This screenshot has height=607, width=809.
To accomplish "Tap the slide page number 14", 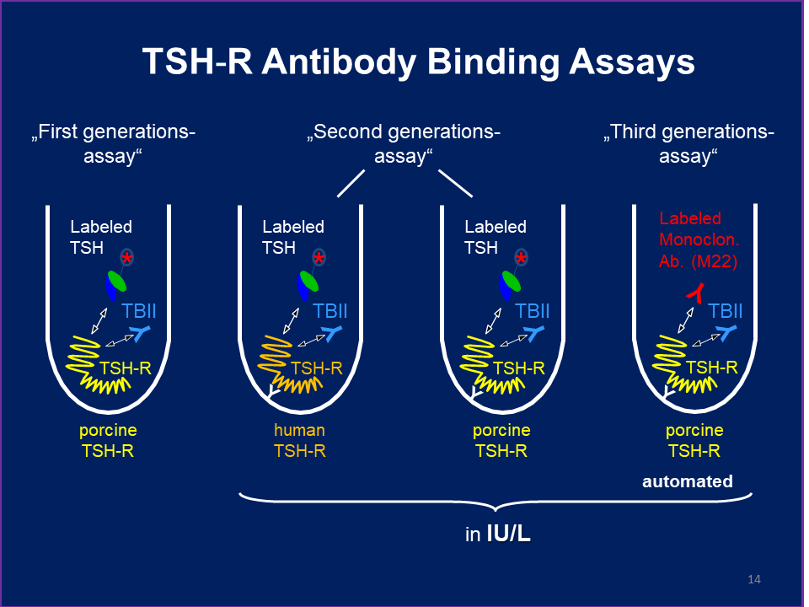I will (x=754, y=579).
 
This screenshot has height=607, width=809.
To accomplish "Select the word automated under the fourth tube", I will (x=687, y=482).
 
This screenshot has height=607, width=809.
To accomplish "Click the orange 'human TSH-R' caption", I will (x=299, y=440).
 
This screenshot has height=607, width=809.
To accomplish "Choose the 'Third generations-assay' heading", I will (x=688, y=144).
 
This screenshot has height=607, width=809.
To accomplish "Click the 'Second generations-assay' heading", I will (x=404, y=144).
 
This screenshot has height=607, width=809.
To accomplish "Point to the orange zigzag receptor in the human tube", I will (x=287, y=367).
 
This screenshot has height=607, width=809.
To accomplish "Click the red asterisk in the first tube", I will (x=126, y=257).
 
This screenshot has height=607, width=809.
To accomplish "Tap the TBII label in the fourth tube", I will (x=726, y=311).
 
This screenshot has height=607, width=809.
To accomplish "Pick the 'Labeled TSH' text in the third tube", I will (x=496, y=237).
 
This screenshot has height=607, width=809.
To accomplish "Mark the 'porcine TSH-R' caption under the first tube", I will (x=108, y=440).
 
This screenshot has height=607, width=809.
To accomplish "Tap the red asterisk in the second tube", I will (x=319, y=257).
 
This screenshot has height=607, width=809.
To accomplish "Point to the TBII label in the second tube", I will (x=330, y=311).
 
